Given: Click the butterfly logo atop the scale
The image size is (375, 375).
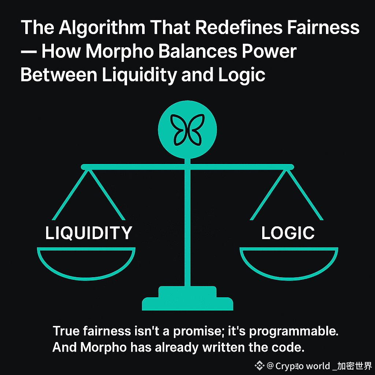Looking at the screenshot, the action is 187,130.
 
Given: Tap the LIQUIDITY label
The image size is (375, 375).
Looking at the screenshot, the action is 88,233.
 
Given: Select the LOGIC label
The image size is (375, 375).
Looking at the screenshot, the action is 288,233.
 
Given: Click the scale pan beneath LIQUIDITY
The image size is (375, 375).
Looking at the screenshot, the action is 86,262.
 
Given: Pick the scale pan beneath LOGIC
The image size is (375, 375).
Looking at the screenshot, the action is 289,262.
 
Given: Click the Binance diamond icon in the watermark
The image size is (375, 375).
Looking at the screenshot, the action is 260,365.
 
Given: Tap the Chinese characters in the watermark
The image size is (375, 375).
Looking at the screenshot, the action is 355,365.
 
